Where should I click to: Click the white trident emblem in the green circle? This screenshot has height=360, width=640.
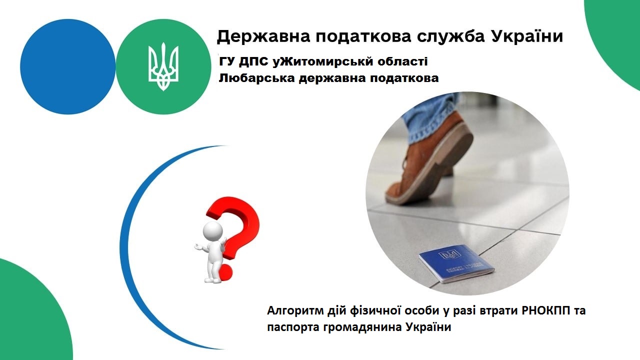tap(163, 66)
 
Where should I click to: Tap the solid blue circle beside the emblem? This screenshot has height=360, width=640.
tap(67, 66)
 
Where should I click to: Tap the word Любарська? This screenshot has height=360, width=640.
tap(256, 78)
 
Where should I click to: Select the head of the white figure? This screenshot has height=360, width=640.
tap(212, 230)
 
